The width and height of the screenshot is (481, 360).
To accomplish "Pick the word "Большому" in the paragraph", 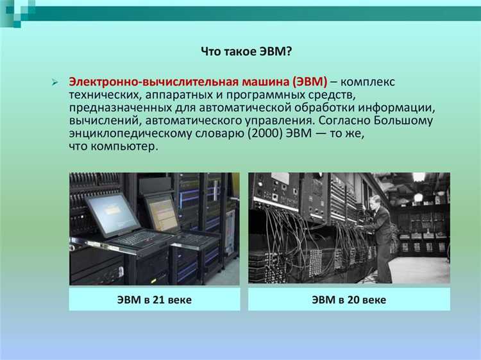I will point(406,121).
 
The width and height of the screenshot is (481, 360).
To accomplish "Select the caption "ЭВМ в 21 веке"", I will point(154,299).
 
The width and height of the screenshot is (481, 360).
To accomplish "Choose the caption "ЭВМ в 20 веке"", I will point(349,299).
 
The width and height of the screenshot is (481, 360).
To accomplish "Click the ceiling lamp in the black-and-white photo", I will point(419,177).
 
